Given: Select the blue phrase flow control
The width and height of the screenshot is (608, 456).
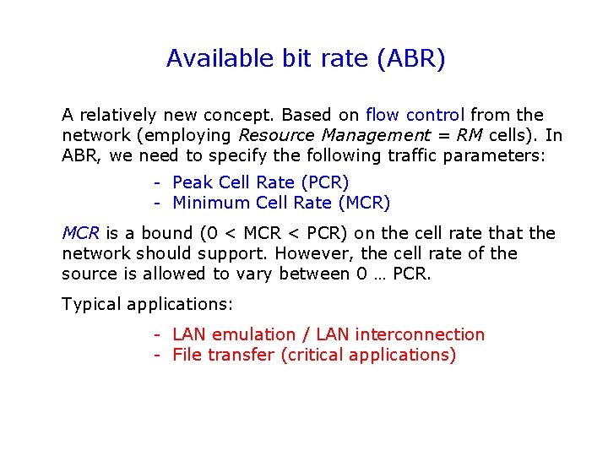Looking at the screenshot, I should pos(415,115).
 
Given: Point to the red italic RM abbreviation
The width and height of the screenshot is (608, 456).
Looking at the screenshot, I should pos(470,135).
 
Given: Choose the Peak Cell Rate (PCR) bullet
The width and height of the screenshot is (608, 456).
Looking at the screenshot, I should pos(260,182).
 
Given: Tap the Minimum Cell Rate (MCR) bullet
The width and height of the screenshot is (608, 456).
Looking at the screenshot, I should pos(281,203).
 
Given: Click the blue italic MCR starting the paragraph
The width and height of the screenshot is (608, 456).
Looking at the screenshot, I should pos(80,233).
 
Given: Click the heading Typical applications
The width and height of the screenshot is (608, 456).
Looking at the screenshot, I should pos(147,304).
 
